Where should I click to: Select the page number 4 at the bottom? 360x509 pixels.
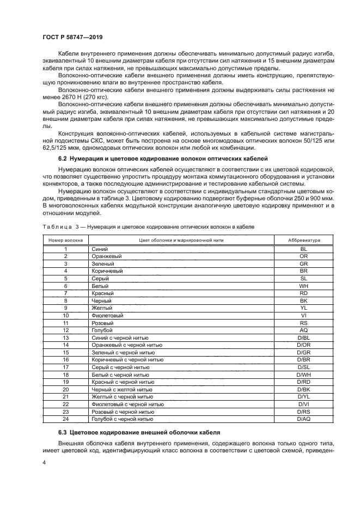pos(44,462)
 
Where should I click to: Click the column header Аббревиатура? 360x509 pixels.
pos(303,240)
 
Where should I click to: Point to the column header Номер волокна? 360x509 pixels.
pos(65,240)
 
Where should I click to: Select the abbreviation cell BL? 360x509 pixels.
pos(303,249)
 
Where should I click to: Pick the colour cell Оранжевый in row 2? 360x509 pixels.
pos(107,256)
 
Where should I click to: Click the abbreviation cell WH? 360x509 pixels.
pos(303,286)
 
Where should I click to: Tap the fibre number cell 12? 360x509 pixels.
pos(65,330)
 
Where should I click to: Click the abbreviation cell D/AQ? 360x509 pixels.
pos(303,419)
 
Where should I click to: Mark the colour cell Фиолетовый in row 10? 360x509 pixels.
pos(108,315)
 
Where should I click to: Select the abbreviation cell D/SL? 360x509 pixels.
pos(303,367)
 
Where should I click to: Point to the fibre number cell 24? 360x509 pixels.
pos(65,419)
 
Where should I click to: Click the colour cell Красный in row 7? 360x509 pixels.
pos(104,293)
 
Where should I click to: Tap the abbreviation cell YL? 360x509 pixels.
pos(303,308)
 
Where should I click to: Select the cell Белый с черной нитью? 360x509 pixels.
pos(123,375)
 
